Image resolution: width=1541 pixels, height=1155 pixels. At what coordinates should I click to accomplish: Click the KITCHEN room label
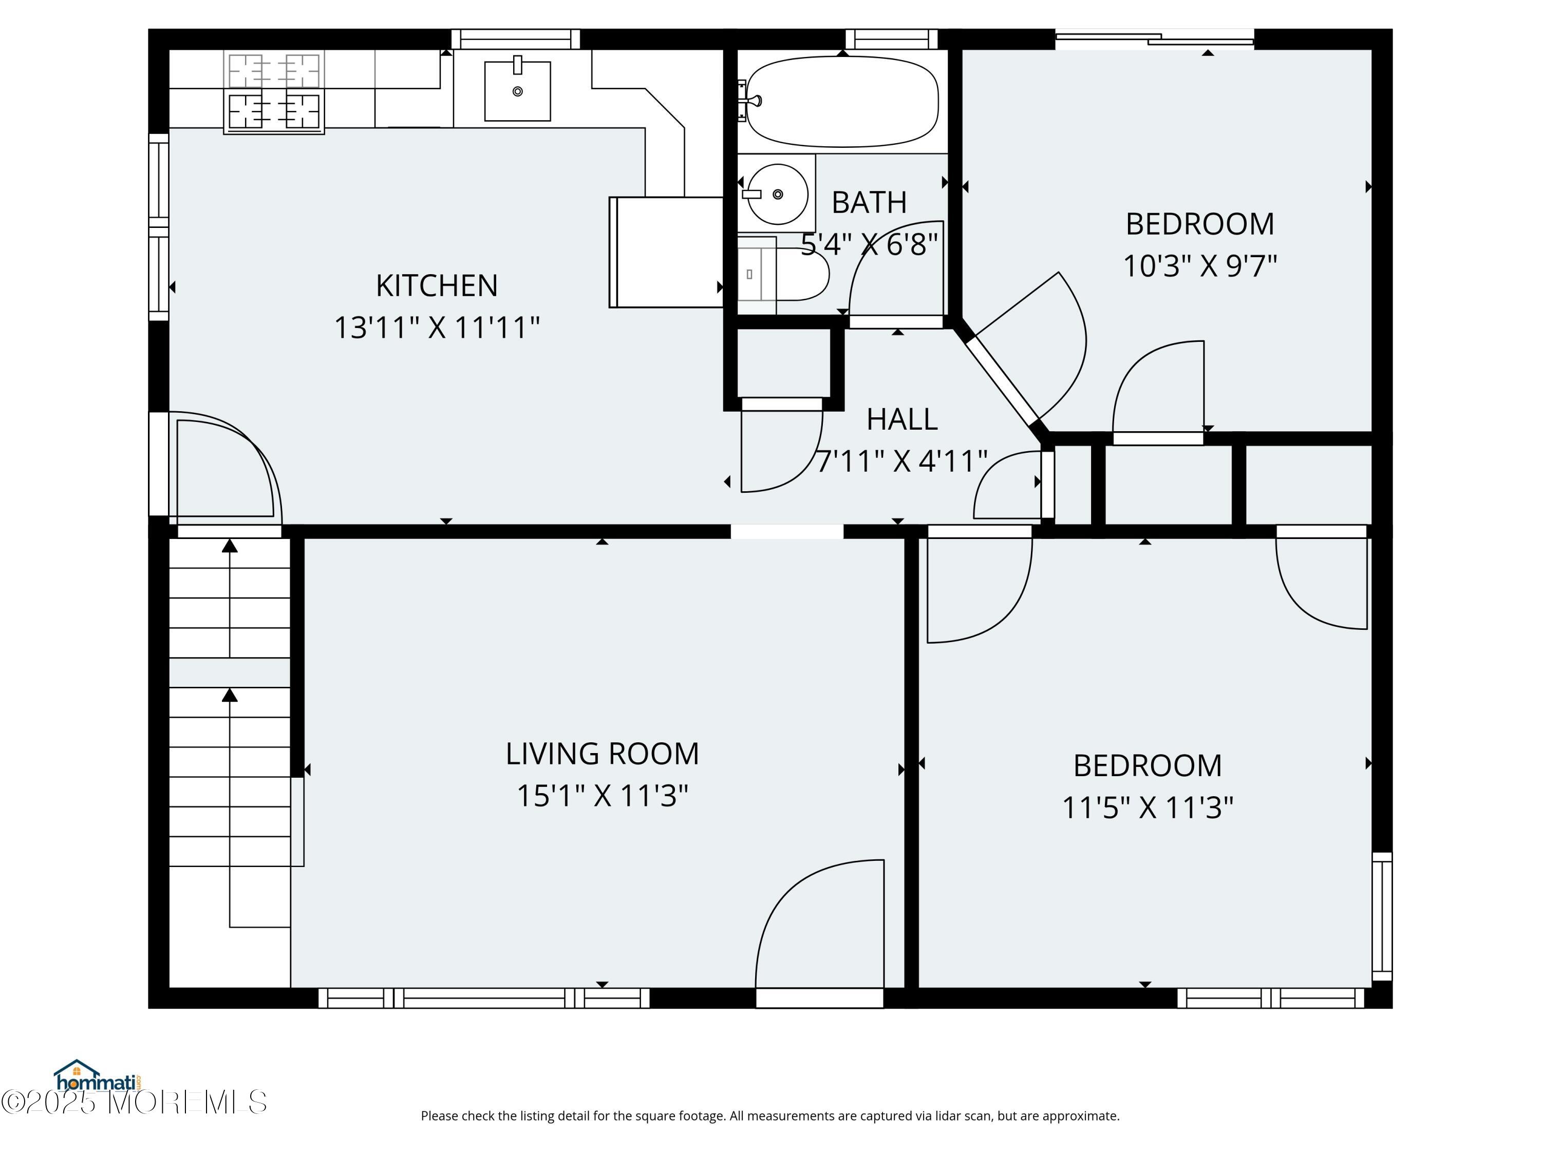pyautogui.click(x=437, y=285)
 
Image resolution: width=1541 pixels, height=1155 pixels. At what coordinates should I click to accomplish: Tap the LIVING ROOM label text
pyautogui.click(x=602, y=753)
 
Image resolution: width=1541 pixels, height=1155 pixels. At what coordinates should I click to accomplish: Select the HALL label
pyautogui.click(x=902, y=419)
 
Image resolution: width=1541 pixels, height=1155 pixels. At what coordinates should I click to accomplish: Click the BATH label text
pyautogui.click(x=870, y=203)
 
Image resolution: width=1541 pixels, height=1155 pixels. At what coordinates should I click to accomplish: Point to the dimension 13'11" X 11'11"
pyautogui.click(x=437, y=327)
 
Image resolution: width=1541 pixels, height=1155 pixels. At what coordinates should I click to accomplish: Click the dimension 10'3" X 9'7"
pyautogui.click(x=1199, y=265)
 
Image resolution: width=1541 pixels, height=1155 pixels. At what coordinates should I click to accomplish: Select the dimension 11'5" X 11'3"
pyautogui.click(x=1148, y=807)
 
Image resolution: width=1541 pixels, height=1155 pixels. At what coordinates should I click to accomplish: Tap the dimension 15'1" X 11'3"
pyautogui.click(x=602, y=795)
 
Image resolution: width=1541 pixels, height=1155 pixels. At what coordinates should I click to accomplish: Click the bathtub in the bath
pyautogui.click(x=842, y=102)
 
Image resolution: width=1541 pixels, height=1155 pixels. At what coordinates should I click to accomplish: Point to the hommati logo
pyautogui.click(x=98, y=1077)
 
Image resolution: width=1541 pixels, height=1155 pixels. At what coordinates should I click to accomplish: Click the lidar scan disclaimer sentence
pyautogui.click(x=770, y=1116)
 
